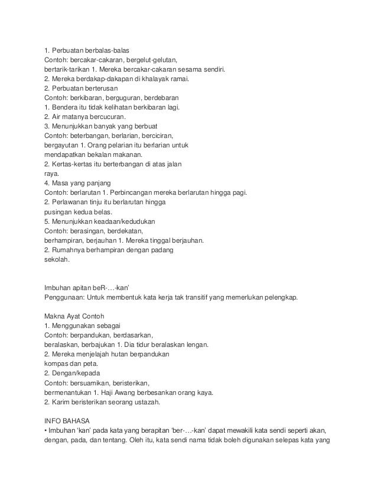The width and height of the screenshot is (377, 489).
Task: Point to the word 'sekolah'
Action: click(x=57, y=260)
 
